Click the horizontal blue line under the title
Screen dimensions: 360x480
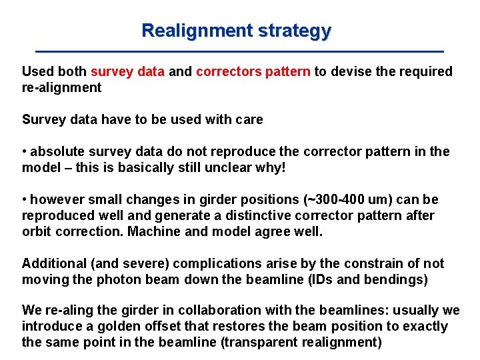point(239,51)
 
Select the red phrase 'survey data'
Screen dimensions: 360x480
point(127,71)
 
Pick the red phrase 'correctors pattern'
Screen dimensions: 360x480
point(253,71)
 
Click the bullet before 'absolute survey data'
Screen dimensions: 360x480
point(25,152)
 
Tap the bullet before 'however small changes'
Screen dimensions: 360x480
point(25,200)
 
